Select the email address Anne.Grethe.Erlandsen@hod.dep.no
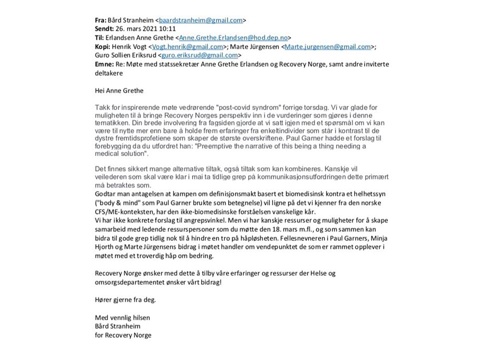(233, 37)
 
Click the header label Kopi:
(103, 46)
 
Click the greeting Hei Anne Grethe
(118, 90)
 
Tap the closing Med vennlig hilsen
(122, 317)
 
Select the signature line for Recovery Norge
(123, 335)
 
